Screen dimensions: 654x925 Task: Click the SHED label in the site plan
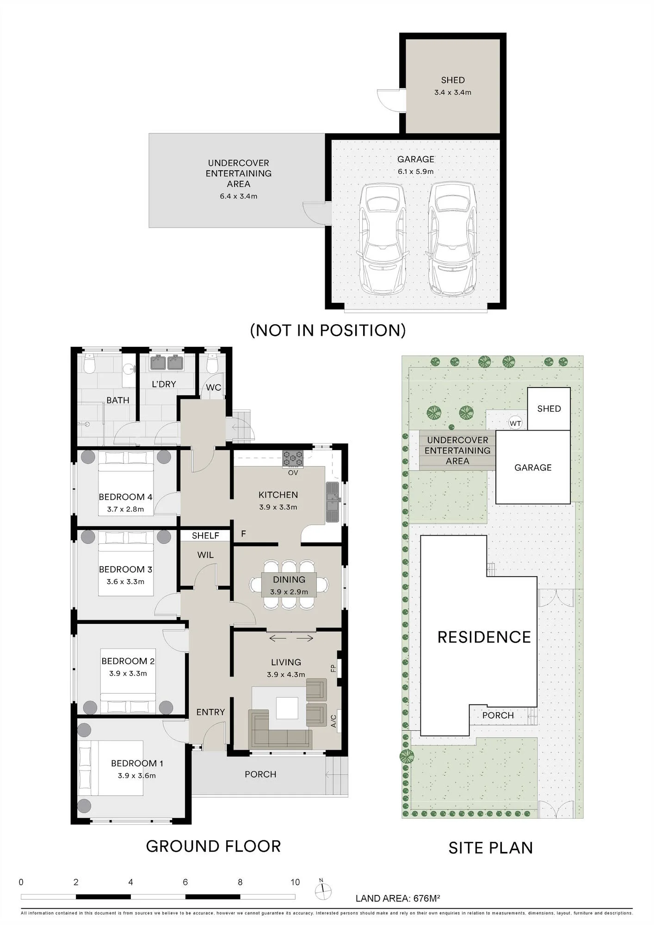(x=549, y=409)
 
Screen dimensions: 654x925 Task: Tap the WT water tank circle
(x=515, y=423)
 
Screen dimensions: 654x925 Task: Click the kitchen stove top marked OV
(x=293, y=458)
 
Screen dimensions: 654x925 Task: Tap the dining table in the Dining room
(x=289, y=585)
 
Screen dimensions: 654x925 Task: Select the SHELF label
(x=205, y=536)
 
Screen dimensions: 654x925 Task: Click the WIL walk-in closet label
(x=205, y=555)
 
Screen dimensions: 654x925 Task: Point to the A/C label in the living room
(x=333, y=721)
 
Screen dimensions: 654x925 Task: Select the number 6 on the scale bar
(x=185, y=882)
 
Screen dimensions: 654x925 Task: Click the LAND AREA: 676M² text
(x=398, y=898)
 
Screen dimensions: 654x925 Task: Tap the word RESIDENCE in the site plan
(x=484, y=637)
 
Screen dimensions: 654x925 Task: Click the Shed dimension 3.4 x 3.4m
(x=453, y=92)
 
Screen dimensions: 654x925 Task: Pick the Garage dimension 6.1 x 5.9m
(x=416, y=172)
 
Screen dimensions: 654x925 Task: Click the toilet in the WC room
(x=212, y=363)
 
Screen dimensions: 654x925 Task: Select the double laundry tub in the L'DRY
(x=167, y=362)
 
